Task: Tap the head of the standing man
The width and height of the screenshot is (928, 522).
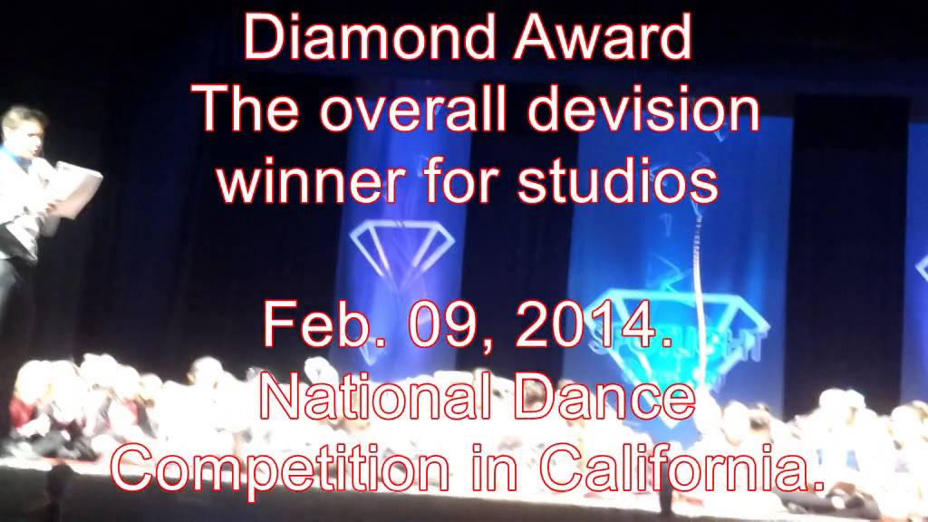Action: coord(25,132)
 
